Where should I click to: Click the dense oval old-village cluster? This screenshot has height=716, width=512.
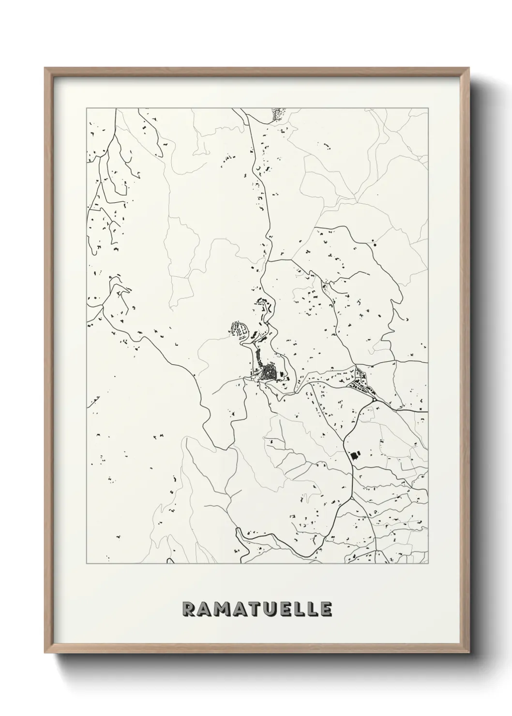tap(267, 373)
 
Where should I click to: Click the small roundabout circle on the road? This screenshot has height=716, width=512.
tap(375, 400)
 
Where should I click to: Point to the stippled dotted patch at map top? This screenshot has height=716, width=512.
tap(277, 114)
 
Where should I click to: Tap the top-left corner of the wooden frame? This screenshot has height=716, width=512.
tap(45, 68)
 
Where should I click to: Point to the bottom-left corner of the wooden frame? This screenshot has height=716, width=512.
tap(45, 656)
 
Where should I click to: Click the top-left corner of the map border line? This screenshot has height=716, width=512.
tap(87, 108)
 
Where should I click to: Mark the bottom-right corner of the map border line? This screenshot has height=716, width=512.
tap(428, 564)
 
